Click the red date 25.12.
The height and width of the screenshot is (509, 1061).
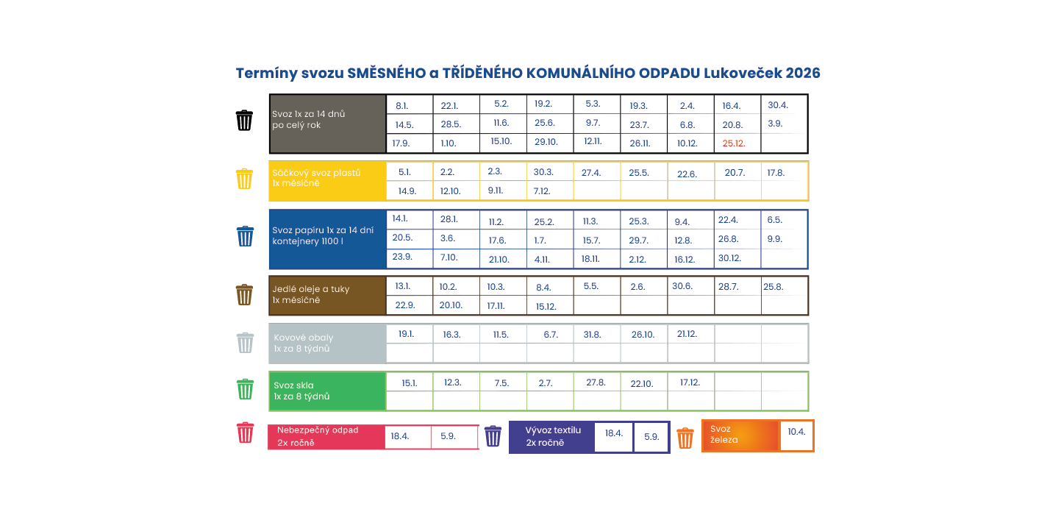(733, 143)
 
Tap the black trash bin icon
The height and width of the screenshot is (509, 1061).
(244, 120)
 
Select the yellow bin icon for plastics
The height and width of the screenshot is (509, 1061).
(244, 179)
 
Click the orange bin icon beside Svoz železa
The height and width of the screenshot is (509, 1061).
(685, 438)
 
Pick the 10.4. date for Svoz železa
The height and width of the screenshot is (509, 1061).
(796, 432)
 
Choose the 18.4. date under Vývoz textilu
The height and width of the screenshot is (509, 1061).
(614, 433)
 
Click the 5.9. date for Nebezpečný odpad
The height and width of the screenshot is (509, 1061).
(448, 436)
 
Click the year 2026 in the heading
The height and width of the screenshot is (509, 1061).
(803, 74)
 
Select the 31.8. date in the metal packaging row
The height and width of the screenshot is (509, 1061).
(592, 335)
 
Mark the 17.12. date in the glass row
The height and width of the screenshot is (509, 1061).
(690, 382)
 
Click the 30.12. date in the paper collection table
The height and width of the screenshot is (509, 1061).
(729, 258)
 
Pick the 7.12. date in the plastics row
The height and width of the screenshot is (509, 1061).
(541, 191)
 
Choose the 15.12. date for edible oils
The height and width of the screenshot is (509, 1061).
(546, 307)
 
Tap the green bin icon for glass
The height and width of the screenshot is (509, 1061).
(244, 389)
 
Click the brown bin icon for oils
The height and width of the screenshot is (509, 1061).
(244, 294)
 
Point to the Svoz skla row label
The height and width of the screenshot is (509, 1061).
(294, 385)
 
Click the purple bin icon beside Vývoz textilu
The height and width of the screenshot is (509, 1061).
(493, 436)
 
